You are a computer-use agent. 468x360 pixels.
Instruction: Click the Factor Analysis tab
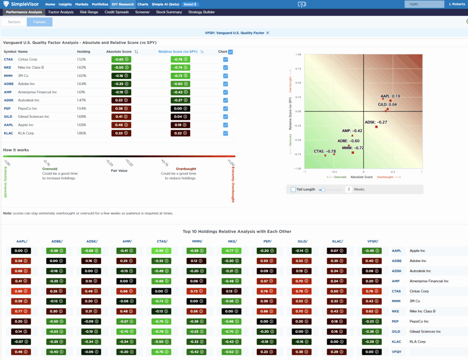click(61, 12)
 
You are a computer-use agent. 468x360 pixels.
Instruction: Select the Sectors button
click(14, 22)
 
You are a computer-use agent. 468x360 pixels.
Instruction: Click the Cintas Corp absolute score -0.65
click(118, 59)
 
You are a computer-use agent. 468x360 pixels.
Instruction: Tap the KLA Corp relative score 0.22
click(183, 133)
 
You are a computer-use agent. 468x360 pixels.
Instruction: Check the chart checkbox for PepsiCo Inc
click(225, 109)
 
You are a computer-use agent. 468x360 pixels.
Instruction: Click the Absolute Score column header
click(119, 52)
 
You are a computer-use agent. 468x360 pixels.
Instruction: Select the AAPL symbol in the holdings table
click(8, 125)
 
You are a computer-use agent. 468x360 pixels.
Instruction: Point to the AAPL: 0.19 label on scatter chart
click(390, 97)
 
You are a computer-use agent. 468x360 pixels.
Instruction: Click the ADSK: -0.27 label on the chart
click(376, 122)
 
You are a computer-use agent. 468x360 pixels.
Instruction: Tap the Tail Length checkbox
click(293, 189)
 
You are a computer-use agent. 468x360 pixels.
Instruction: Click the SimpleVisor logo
click(23, 4)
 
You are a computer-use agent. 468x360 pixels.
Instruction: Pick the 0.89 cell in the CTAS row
click(20, 291)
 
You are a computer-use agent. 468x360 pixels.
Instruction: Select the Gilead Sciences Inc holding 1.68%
click(81, 117)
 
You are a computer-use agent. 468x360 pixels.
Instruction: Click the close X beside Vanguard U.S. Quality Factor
click(268, 33)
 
